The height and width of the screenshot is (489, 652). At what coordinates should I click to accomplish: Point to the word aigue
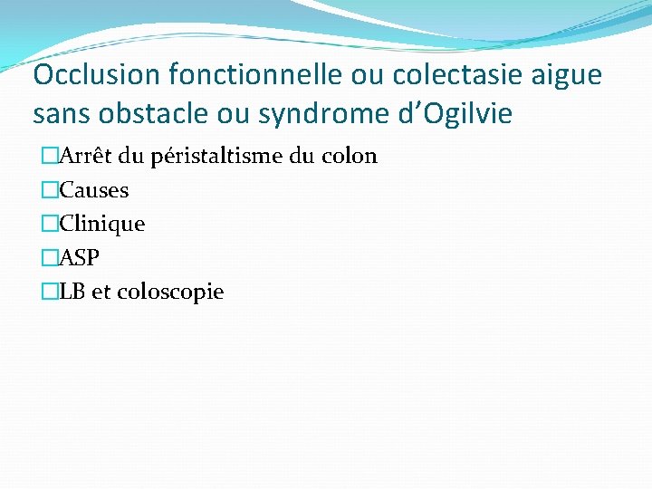568,74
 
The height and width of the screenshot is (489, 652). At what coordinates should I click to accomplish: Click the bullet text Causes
94,190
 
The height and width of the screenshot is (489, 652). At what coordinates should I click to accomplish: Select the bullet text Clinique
101,224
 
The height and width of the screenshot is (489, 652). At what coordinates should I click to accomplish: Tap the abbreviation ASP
80,258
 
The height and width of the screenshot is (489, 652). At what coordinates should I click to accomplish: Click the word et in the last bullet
102,292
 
